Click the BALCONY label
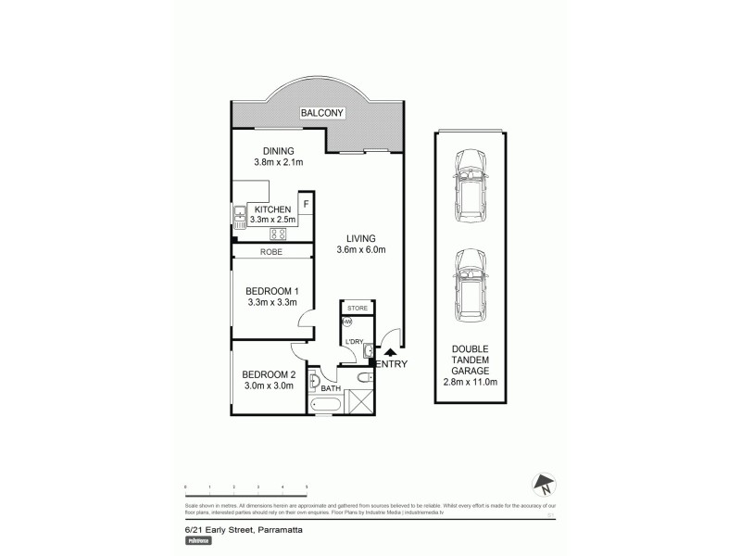[321, 114]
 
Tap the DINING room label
[278, 151]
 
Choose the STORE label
[358, 308]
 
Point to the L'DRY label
[355, 341]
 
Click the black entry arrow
[390, 351]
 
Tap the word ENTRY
[392, 365]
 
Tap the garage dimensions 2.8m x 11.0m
[471, 382]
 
